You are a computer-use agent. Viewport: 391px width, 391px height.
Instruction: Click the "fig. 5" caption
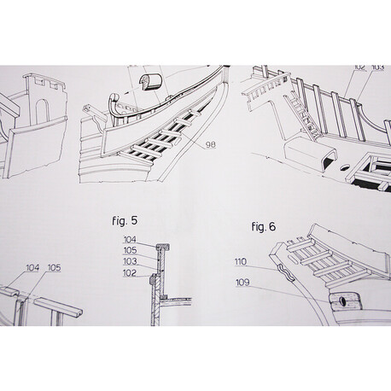click(125, 221)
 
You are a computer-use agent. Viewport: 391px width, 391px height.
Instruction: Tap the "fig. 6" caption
click(264, 227)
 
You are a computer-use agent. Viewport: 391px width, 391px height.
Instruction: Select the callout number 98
click(211, 145)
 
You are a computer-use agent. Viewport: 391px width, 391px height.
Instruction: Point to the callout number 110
click(241, 261)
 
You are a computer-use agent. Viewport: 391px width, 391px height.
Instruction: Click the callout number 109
click(242, 283)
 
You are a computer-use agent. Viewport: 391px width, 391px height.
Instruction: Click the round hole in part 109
click(343, 301)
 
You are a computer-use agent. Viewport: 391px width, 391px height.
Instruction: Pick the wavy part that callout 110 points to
click(285, 272)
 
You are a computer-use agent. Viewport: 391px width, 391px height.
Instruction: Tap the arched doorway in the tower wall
click(43, 112)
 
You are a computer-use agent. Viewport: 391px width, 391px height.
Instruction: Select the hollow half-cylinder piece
click(150, 81)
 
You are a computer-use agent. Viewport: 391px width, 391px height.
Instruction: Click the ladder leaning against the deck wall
click(302, 117)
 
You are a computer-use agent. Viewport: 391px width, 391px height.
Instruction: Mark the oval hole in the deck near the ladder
click(344, 167)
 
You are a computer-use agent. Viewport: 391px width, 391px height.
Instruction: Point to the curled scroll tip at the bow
click(114, 97)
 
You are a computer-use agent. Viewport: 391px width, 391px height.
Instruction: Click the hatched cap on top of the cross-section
click(163, 247)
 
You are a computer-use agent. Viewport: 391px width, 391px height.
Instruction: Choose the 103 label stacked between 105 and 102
click(130, 261)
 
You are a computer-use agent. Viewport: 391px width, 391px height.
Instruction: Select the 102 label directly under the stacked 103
click(130, 273)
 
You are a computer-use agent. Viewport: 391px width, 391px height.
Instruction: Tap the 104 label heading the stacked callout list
click(130, 240)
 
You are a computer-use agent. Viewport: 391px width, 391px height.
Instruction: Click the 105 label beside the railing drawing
click(54, 268)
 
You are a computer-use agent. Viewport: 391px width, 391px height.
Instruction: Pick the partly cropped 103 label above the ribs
click(378, 67)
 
